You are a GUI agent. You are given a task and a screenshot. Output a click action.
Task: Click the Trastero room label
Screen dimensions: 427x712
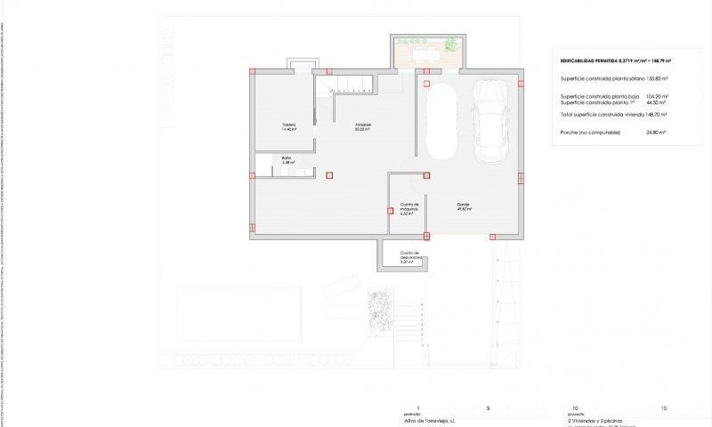click(x=287, y=126)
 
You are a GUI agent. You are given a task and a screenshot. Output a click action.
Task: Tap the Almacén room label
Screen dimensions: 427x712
click(x=363, y=126)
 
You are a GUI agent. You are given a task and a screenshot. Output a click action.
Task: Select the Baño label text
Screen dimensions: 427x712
click(x=287, y=159)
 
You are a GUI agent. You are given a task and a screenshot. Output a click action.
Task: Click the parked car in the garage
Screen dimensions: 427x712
click(x=493, y=121)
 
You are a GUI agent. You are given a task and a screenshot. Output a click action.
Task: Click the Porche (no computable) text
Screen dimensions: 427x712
click(x=586, y=132)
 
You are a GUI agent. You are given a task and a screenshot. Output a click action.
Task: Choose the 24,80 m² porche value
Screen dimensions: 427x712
click(x=657, y=132)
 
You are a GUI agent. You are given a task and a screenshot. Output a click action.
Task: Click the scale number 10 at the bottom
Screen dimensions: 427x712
click(x=575, y=407)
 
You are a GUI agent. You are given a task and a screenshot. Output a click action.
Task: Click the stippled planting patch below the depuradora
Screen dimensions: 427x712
click(x=380, y=311)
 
